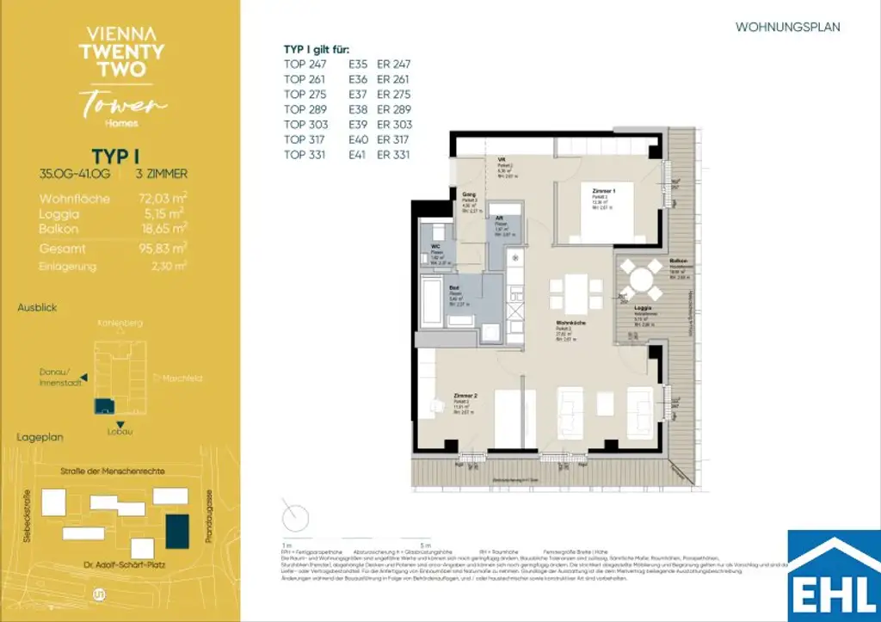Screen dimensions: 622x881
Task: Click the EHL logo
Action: [x=834, y=575]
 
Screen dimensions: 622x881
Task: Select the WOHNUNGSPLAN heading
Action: [x=787, y=28]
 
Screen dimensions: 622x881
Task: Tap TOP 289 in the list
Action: [x=305, y=109]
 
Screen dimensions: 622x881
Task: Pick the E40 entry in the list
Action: [x=357, y=139]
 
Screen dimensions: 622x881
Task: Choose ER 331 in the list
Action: [x=393, y=155]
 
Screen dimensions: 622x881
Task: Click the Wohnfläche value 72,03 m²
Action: [x=163, y=198]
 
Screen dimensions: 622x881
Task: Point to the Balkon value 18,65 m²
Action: [x=163, y=228]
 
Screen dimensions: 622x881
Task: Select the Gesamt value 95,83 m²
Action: [x=163, y=248]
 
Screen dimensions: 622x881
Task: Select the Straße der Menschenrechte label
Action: [x=112, y=471]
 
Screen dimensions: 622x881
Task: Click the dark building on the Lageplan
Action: [x=178, y=529]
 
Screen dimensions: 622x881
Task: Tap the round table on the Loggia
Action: [x=641, y=280]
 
